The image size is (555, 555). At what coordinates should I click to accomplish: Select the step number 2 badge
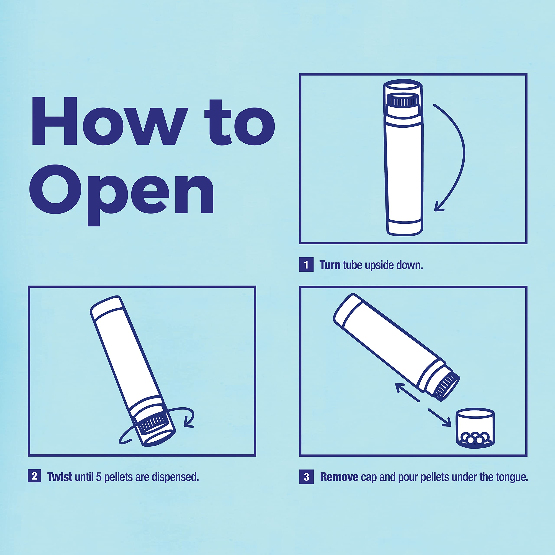click(x=34, y=476)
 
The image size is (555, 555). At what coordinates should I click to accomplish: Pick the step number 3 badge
click(x=306, y=477)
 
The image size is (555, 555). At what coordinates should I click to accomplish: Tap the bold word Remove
click(x=339, y=477)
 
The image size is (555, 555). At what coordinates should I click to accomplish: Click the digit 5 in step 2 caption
click(x=98, y=477)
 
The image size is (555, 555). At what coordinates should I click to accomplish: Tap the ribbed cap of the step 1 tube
click(x=403, y=101)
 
